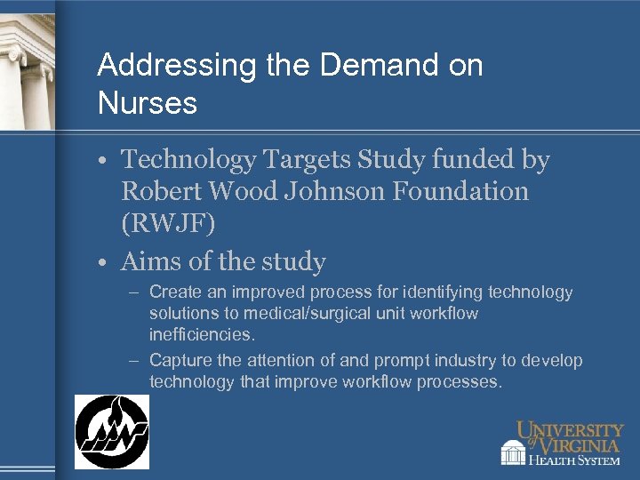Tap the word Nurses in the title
coord(148,104)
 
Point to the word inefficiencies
coord(201,335)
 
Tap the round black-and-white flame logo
coord(112,432)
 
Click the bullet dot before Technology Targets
coord(104,161)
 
